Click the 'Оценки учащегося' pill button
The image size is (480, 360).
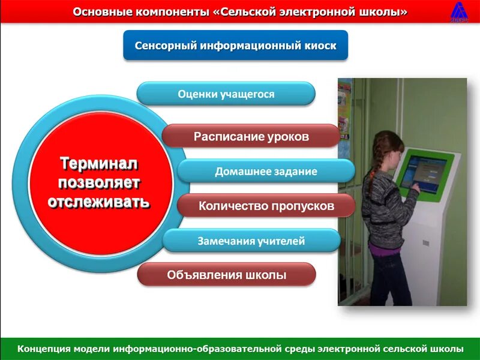click(226, 94)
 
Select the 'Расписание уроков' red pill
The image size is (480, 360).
click(251, 136)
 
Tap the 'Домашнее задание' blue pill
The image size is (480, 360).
click(266, 171)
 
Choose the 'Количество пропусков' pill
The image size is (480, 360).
click(266, 206)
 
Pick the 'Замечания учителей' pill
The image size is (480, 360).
click(251, 241)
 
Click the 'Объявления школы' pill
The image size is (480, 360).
click(226, 275)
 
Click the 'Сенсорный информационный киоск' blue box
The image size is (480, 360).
click(235, 46)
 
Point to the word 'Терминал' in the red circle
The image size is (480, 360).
click(99, 163)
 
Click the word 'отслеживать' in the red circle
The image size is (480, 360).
click(99, 201)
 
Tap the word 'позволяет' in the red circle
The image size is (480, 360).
click(99, 182)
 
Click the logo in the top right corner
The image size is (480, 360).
click(460, 12)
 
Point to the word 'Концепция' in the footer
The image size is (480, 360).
click(45, 348)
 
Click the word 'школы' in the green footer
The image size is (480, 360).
click(447, 348)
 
